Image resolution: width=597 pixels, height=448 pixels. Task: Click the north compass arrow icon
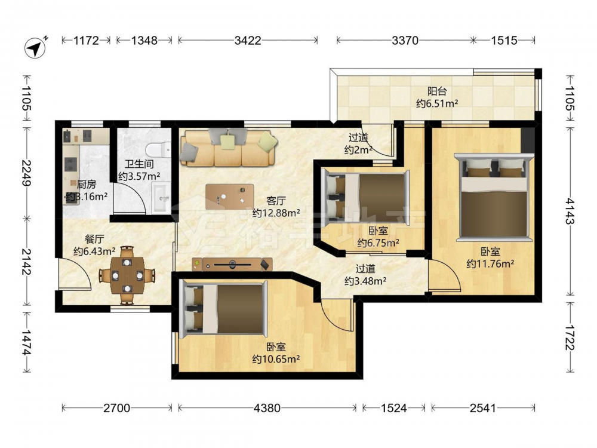tap(35, 48)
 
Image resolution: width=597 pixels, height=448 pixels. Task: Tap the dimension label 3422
tap(248, 41)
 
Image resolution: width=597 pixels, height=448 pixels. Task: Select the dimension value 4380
tap(267, 409)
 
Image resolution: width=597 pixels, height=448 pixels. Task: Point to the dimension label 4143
tap(570, 211)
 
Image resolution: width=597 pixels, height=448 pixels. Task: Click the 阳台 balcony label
tap(437, 91)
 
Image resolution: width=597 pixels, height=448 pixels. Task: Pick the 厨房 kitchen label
tap(87, 185)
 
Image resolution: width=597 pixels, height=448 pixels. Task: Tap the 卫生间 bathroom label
tap(139, 164)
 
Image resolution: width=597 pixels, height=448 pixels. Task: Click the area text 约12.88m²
tap(276, 213)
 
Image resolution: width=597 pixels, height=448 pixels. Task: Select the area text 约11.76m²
tap(490, 263)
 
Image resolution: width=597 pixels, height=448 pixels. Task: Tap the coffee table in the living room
tap(230, 197)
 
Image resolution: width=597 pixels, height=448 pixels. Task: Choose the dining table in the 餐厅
tap(127, 275)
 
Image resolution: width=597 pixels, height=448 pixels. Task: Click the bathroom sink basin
tap(161, 198)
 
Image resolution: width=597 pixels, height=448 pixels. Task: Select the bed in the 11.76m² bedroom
tap(494, 197)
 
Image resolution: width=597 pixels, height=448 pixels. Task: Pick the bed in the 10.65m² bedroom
tap(223, 308)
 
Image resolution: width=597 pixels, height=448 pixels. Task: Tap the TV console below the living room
tap(232, 264)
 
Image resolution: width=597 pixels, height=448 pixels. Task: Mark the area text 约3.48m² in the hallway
tap(365, 281)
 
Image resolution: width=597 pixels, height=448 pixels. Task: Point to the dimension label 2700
tap(117, 409)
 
